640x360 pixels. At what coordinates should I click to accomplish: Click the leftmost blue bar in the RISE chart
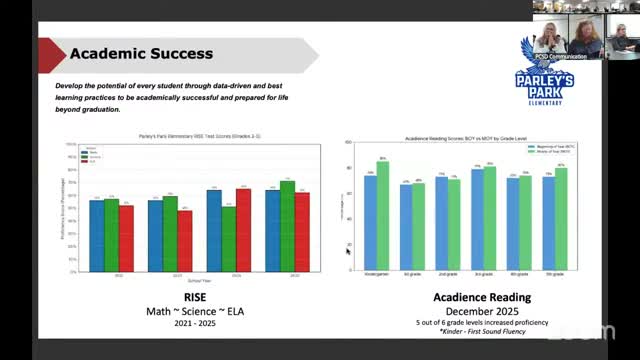96,236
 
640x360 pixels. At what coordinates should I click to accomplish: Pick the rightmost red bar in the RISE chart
302,232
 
